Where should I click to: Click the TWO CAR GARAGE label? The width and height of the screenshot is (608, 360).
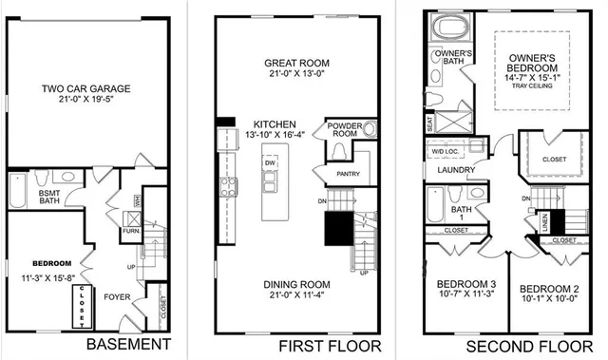click(85, 90)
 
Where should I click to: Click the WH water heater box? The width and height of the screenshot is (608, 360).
click(138, 200)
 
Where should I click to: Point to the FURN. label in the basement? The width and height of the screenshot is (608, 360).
click(129, 229)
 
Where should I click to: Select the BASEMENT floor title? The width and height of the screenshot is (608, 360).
click(126, 344)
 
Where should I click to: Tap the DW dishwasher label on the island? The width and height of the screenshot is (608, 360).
click(271, 162)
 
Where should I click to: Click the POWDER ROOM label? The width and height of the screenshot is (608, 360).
click(345, 130)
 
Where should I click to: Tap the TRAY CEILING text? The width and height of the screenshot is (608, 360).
click(532, 85)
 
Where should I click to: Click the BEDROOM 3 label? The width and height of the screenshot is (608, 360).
click(465, 285)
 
